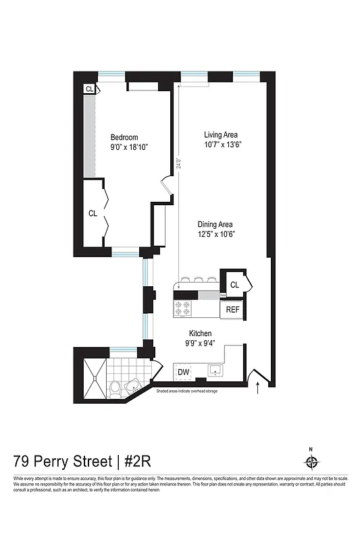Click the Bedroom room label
click(124, 137)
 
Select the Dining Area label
click(215, 225)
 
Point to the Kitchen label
click(201, 333)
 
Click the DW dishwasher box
click(183, 372)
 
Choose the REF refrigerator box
click(232, 310)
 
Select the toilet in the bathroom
click(115, 388)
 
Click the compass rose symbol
click(311, 462)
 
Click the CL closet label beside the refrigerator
click(234, 285)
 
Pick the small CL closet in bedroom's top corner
click(89, 88)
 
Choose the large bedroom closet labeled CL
click(93, 213)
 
